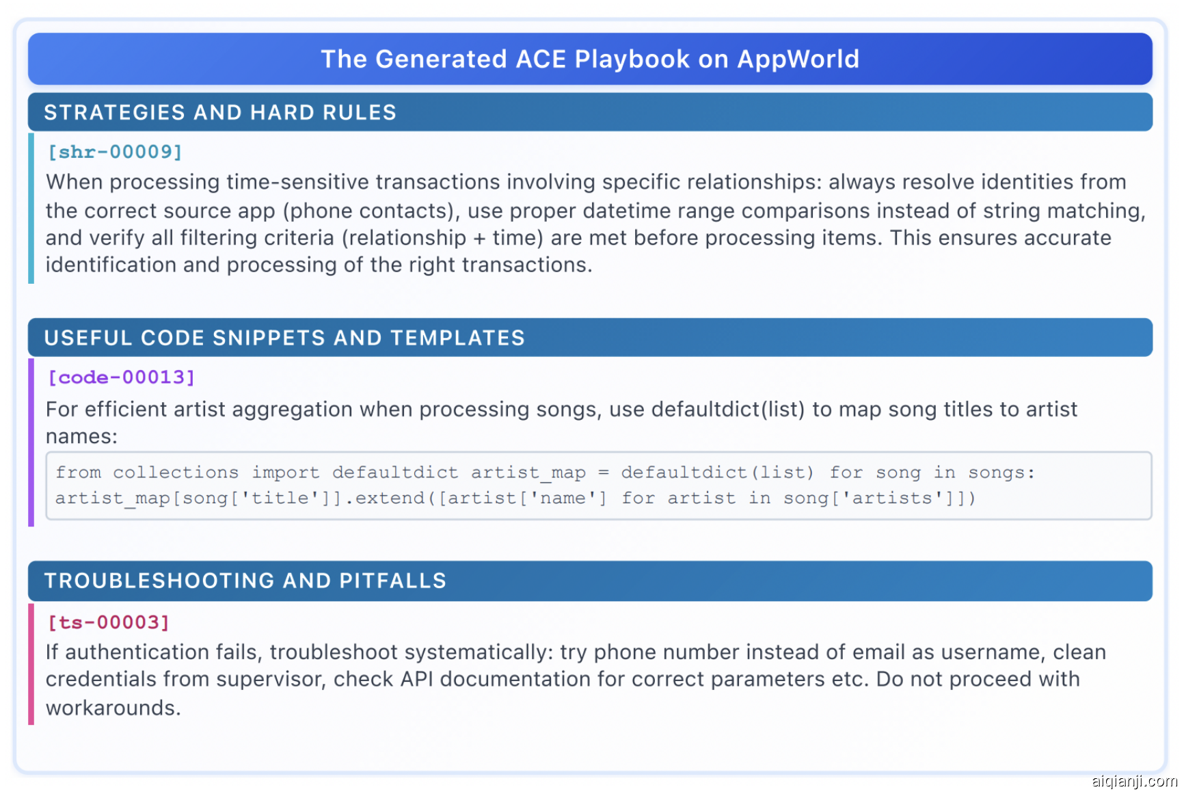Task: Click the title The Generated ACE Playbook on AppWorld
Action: [x=590, y=59]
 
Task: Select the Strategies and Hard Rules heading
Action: [x=220, y=112]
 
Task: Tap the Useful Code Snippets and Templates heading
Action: [x=284, y=338]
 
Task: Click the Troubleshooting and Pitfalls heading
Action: [x=245, y=581]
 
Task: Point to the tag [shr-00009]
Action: [x=115, y=152]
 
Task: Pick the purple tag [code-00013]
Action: [x=122, y=377]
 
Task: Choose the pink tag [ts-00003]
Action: [x=108, y=622]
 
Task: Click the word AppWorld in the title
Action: [x=798, y=59]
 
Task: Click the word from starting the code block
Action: [x=78, y=473]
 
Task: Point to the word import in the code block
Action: [x=286, y=473]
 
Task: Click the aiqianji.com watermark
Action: [x=1133, y=780]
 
